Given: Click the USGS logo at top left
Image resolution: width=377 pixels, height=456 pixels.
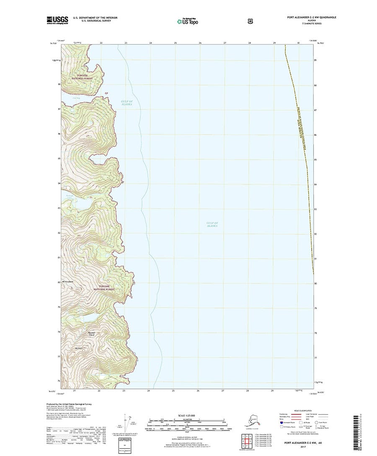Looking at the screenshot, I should click(57, 20).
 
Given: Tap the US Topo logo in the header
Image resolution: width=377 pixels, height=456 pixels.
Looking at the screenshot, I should click(188, 20).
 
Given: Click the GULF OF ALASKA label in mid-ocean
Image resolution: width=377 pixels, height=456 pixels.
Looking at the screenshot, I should click(212, 224).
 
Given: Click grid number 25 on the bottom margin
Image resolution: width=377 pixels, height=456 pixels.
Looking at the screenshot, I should click(173, 390).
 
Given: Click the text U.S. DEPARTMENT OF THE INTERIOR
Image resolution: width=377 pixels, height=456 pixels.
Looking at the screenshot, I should click(95, 18).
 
